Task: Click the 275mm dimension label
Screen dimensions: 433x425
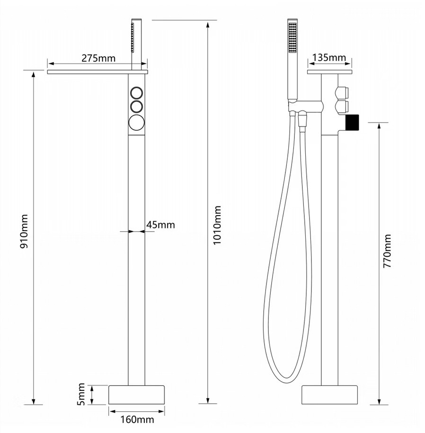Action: tap(98, 58)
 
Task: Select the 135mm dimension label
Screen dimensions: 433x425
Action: tap(329, 58)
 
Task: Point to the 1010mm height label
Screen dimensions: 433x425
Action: tap(217, 225)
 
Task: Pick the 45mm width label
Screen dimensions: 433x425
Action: tap(160, 225)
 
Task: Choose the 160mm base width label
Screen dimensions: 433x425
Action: tap(138, 419)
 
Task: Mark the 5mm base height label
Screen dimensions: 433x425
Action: tap(81, 395)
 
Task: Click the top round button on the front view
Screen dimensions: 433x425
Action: tap(137, 92)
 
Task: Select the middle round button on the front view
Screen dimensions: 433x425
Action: tap(137, 105)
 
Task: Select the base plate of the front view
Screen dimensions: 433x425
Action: tap(137, 394)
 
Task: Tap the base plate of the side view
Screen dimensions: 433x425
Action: tap(330, 394)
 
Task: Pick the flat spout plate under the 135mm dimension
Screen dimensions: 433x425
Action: tap(329, 72)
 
